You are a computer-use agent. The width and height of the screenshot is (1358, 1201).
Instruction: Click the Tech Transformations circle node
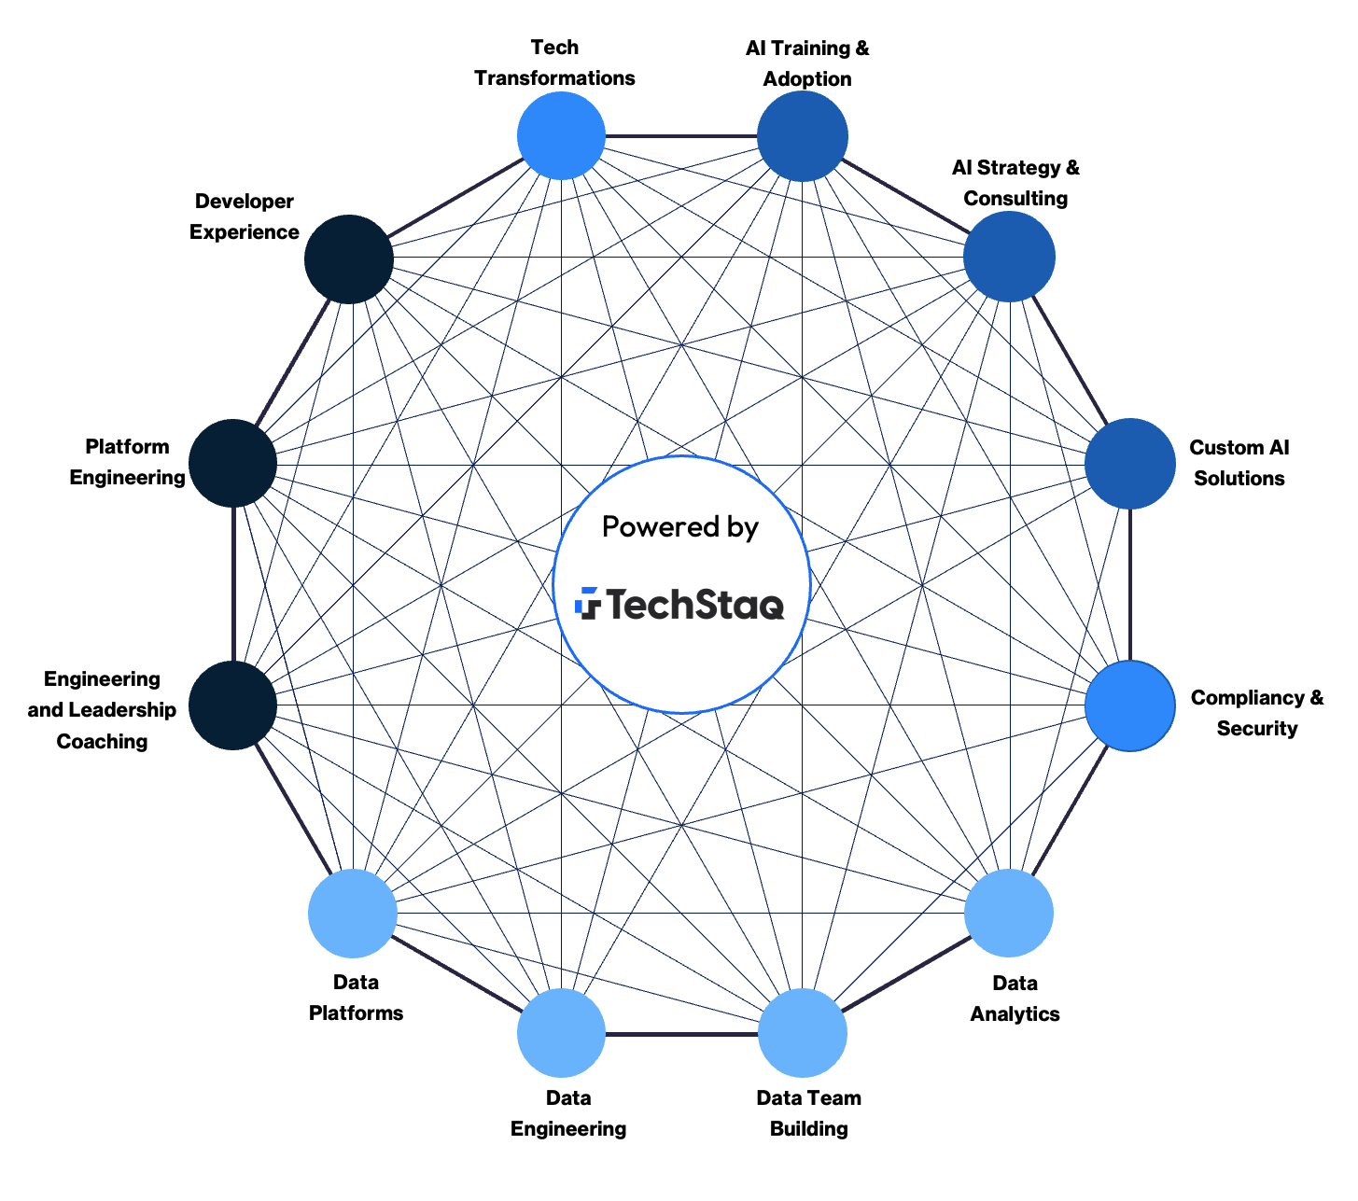point(561,136)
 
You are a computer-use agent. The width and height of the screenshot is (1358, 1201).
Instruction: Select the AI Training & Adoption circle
point(803,136)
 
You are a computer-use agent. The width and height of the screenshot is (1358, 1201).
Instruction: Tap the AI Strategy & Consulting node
point(1009,257)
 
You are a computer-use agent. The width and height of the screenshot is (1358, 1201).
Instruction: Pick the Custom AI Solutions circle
point(1129,464)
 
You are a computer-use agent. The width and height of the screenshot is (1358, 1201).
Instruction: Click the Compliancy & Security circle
point(1129,705)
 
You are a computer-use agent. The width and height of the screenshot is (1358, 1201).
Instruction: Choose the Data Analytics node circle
point(1009,913)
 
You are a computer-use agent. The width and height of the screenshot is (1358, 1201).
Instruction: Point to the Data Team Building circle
point(803,1033)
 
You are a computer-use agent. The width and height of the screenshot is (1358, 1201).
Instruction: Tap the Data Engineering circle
point(561,1033)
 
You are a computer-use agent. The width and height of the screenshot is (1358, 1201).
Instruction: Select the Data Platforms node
point(353,914)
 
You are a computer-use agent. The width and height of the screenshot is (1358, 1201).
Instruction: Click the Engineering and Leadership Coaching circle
point(232,705)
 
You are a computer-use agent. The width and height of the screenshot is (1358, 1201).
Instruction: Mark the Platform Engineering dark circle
point(232,464)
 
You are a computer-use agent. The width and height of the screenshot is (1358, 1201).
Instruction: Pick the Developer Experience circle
point(348,258)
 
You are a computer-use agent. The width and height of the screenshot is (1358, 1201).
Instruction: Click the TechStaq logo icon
point(588,603)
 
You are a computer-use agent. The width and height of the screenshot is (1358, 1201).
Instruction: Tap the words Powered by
point(680,527)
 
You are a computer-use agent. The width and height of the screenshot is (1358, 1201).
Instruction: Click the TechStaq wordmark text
point(696,604)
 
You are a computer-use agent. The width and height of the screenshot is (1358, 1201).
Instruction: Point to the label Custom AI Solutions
point(1239,463)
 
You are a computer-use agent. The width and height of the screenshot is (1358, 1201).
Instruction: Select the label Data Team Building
point(808,1112)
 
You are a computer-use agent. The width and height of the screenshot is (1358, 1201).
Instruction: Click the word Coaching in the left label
point(102,742)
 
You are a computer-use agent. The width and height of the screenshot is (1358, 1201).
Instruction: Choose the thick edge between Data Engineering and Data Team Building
point(681,1034)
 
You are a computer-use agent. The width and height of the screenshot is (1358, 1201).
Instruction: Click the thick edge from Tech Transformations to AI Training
point(681,136)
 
